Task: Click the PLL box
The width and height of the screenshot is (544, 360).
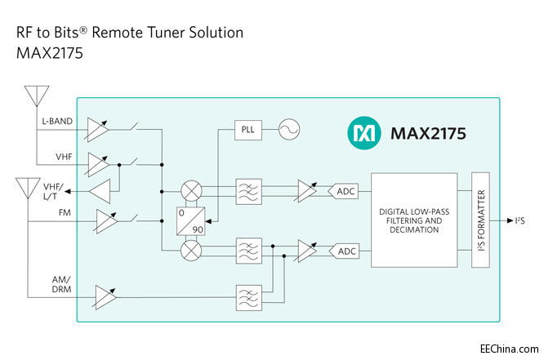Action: point(247,131)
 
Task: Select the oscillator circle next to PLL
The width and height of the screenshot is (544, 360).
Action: point(288,131)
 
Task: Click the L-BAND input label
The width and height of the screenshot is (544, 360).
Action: point(56,122)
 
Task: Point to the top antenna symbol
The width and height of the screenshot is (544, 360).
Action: point(33,96)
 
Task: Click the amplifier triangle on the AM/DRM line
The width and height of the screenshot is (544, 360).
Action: point(104,295)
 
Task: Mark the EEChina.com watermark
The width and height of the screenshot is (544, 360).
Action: point(507,348)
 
